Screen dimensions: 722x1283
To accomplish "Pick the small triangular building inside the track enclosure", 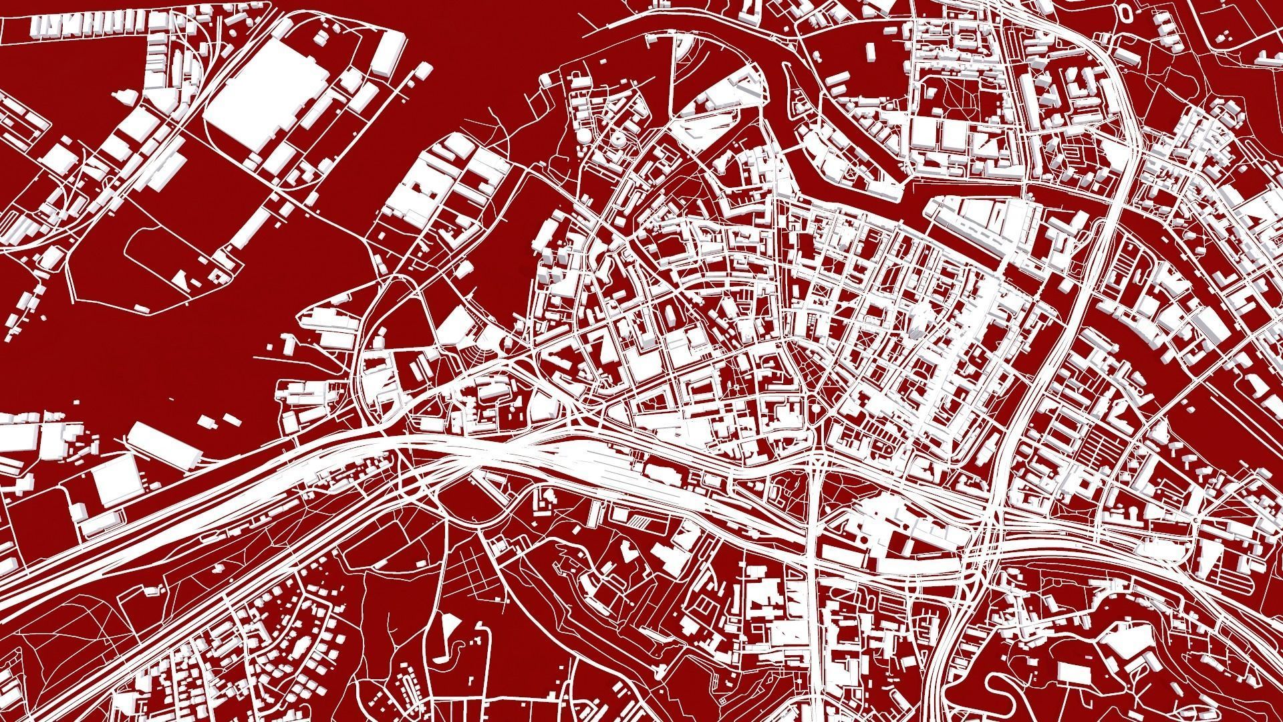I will pos(181,279).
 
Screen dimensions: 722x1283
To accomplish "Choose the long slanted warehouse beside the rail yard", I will pos(163,444).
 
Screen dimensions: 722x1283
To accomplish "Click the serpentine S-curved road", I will pos(1009,695).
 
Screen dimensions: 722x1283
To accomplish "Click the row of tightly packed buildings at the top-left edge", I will pos(87,23).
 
